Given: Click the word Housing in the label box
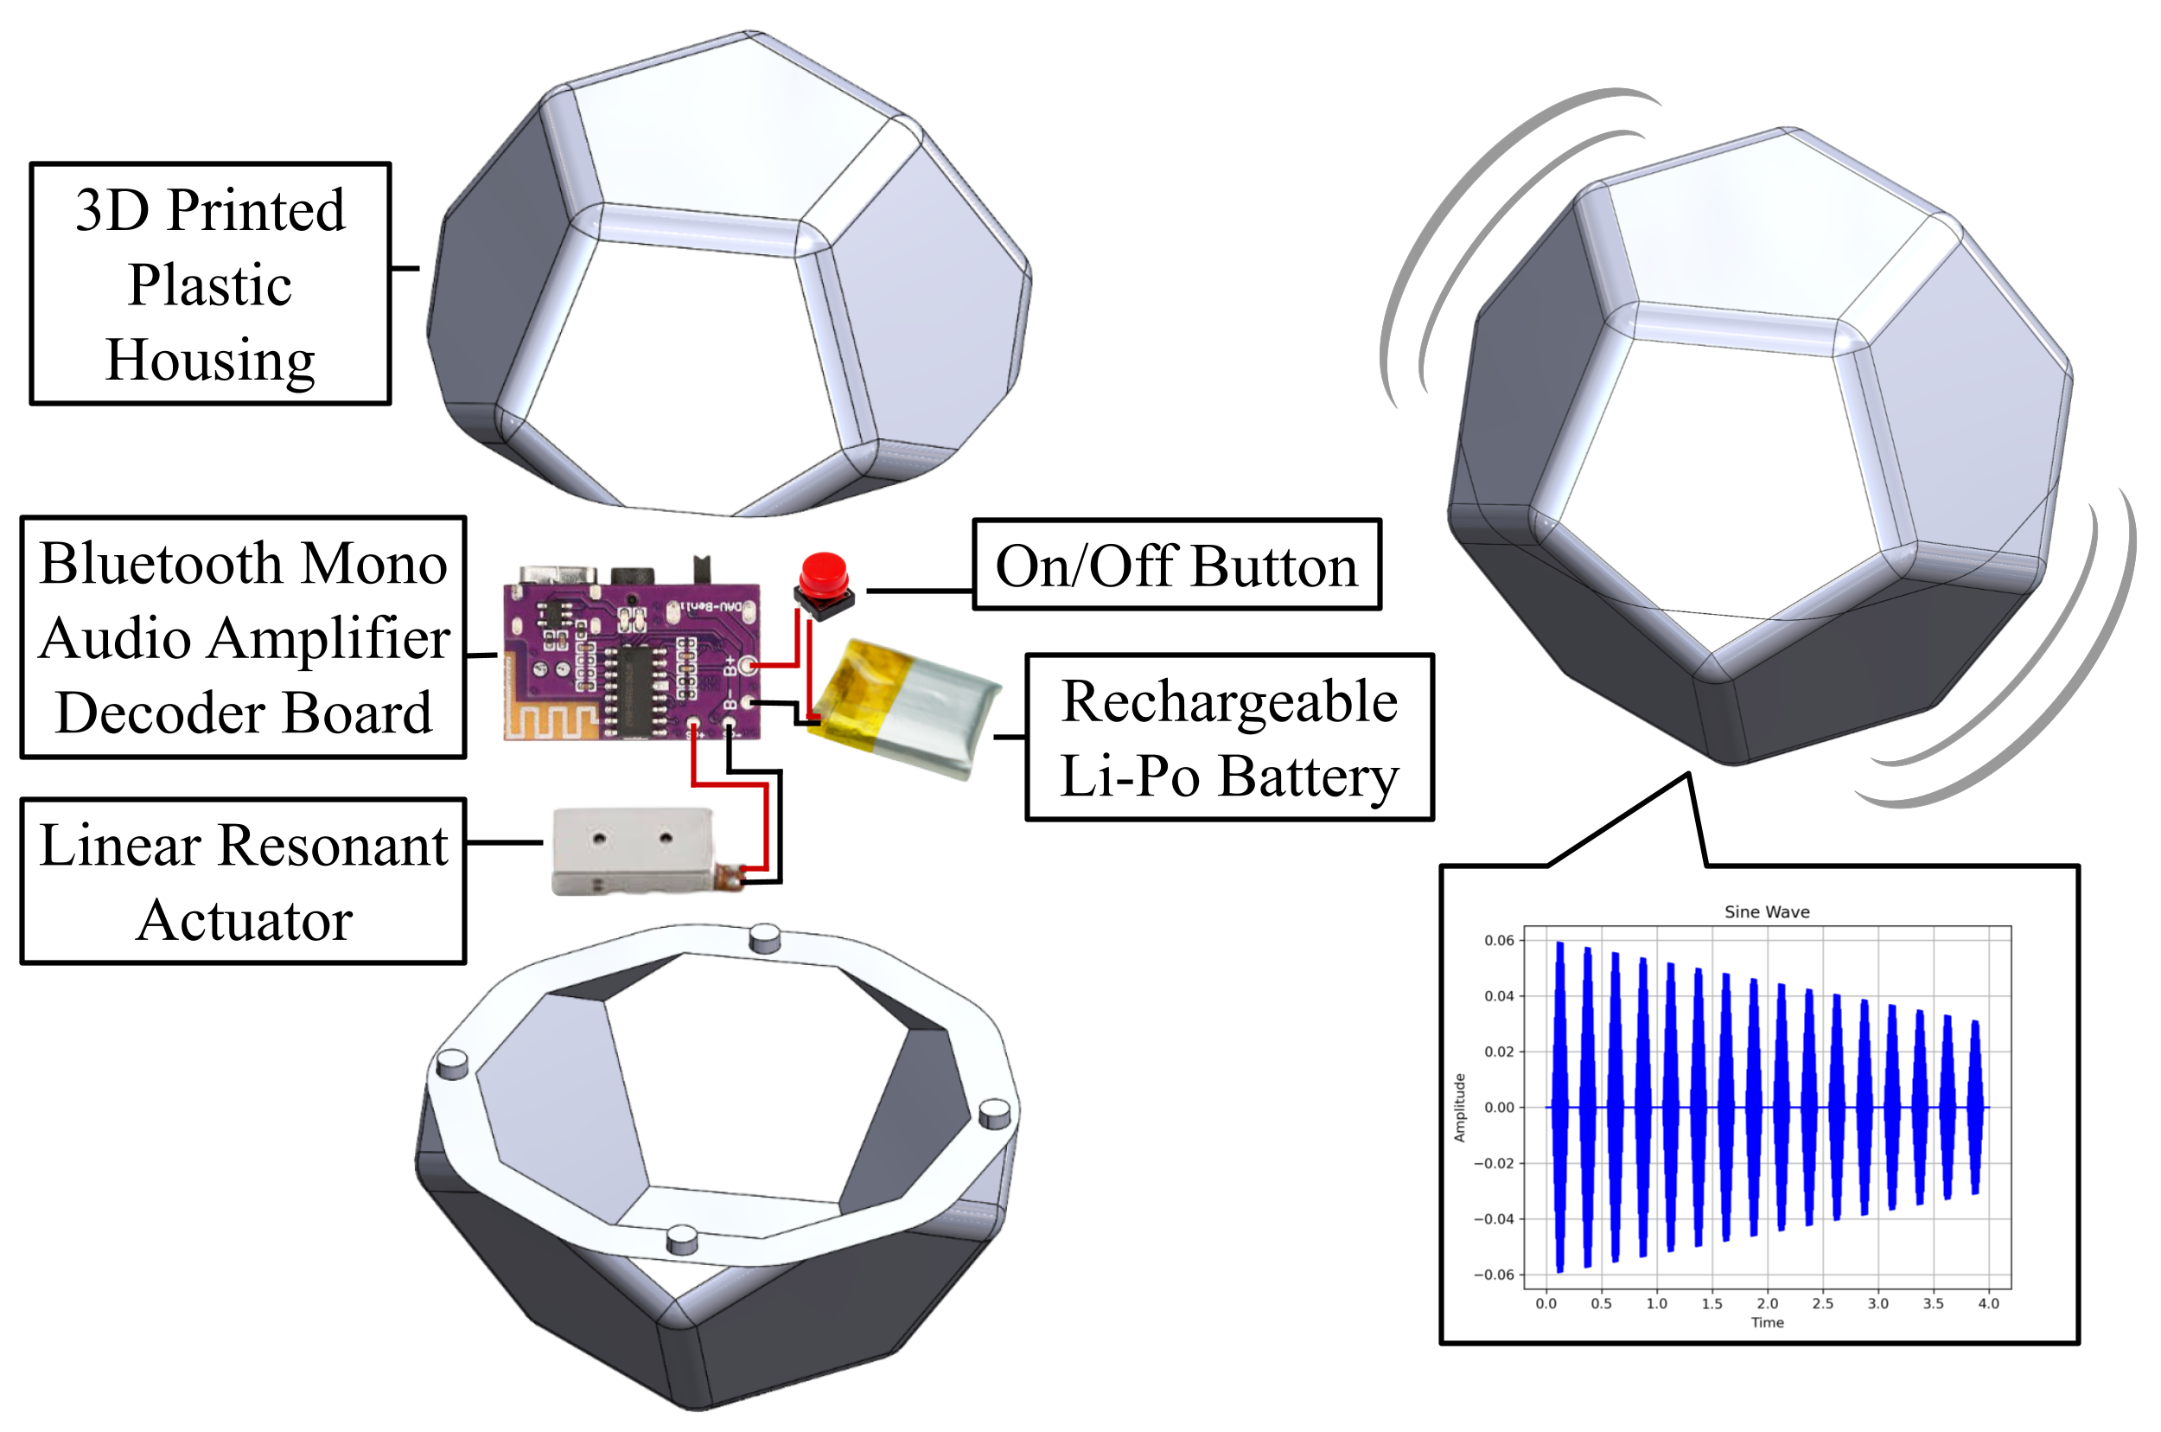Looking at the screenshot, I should (210, 360).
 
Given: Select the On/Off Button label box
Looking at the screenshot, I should (1176, 566).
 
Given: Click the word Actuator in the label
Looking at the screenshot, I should (244, 921).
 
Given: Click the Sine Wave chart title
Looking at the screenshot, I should (1766, 911).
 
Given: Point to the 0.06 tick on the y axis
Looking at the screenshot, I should (1498, 941).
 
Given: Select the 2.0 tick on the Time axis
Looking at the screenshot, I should (1767, 1303).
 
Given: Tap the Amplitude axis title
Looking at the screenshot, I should (1459, 1108).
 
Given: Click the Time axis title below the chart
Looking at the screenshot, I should (1767, 1322).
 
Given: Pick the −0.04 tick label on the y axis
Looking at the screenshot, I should (1494, 1219).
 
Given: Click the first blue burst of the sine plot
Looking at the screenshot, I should (1559, 1107).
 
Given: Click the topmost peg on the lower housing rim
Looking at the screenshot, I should (764, 938).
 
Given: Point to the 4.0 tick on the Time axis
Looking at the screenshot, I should (1987, 1303).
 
